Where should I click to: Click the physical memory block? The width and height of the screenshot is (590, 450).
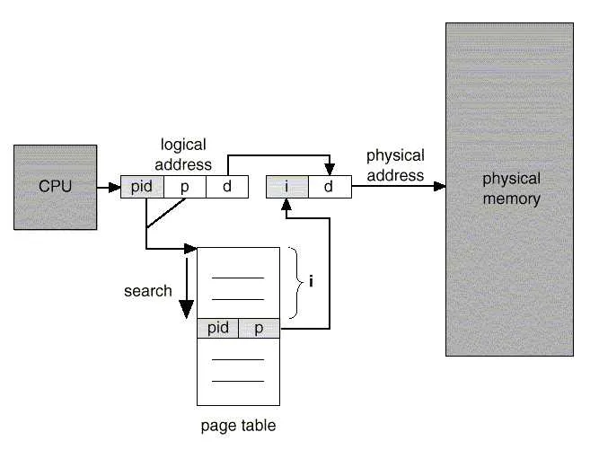(510, 189)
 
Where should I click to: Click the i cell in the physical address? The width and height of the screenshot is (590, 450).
(286, 187)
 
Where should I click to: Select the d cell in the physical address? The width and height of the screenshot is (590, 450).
(328, 187)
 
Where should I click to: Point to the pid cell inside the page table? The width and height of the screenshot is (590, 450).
(218, 328)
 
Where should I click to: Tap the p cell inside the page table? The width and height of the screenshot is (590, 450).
(259, 328)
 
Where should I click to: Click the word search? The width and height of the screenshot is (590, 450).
(147, 291)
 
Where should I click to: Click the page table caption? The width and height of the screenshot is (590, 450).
(238, 426)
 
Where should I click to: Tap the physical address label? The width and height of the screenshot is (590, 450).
(395, 164)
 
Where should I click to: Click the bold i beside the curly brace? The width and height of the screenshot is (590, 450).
(311, 282)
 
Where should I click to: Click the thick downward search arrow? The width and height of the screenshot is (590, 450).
(186, 296)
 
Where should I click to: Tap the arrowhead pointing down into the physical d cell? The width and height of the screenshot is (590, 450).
(329, 172)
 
